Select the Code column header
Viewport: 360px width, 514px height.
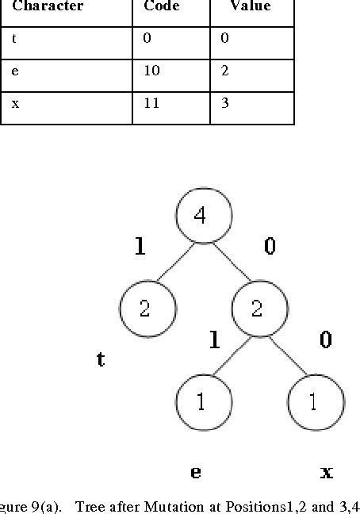point(162,6)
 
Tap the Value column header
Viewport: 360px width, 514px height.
point(250,6)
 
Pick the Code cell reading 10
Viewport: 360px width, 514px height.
point(151,71)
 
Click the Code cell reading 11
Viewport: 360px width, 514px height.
point(151,104)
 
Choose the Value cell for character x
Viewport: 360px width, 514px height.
point(225,104)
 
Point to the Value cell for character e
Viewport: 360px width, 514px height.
point(225,71)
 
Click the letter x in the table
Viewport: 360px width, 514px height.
point(15,104)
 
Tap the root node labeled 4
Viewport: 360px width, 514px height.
point(203,216)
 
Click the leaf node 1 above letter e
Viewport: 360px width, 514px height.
point(202,402)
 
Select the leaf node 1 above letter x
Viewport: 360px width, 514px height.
point(315,402)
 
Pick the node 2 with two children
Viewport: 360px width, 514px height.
point(258,309)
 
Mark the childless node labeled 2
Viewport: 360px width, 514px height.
point(146,309)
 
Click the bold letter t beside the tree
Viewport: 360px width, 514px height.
point(101,359)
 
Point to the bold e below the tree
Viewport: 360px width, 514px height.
point(195,472)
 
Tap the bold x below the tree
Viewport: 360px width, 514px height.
point(326,472)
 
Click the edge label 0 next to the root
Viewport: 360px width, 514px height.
point(270,247)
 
